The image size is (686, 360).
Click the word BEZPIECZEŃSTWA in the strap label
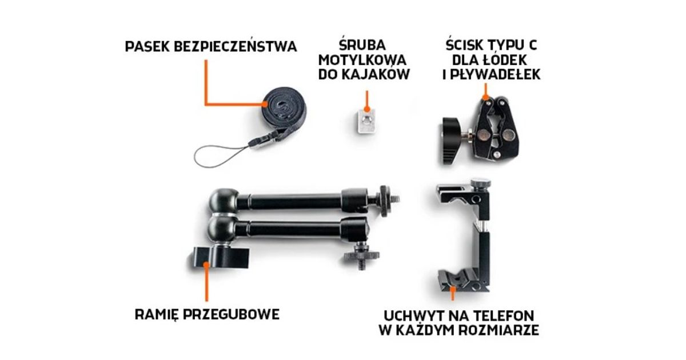coord(235,46)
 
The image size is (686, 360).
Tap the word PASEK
coord(147,47)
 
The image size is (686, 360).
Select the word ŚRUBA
coord(362,45)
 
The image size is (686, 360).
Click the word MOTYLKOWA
coord(362,60)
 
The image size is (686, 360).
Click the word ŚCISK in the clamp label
coord(465,45)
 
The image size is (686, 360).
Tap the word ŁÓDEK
coord(505,60)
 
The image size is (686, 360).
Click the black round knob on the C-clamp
coord(452,139)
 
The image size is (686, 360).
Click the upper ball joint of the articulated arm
coord(225,200)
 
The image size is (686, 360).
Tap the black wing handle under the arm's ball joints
coord(220,257)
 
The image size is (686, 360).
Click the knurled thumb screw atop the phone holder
coord(480,184)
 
